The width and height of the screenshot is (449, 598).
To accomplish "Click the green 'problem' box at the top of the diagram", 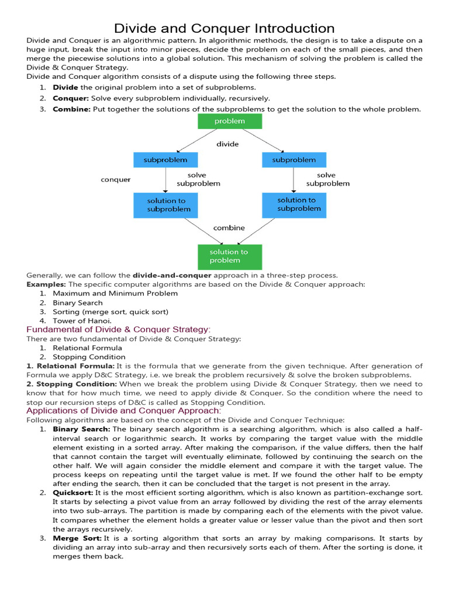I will (x=230, y=121).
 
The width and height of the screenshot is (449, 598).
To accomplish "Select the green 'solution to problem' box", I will (x=230, y=256).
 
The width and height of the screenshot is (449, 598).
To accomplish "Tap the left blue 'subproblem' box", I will (x=165, y=159).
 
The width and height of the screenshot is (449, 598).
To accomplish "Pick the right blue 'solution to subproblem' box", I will (x=294, y=204).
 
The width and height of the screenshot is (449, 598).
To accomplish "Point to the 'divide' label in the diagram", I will (x=227, y=144).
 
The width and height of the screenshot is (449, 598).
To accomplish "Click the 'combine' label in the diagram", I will (x=229, y=228).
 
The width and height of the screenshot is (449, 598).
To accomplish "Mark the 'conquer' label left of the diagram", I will (x=116, y=179).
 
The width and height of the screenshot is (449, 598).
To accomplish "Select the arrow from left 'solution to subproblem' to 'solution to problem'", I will (x=189, y=230).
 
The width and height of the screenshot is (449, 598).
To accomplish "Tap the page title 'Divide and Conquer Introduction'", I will (x=224, y=28).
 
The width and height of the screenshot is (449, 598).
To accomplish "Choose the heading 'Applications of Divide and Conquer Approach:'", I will (x=123, y=411).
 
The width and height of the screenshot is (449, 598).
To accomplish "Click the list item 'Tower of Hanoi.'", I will (x=82, y=321).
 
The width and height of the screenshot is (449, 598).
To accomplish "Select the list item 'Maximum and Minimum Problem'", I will (x=115, y=293).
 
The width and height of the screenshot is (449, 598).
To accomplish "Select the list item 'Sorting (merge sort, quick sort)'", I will (x=110, y=311).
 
